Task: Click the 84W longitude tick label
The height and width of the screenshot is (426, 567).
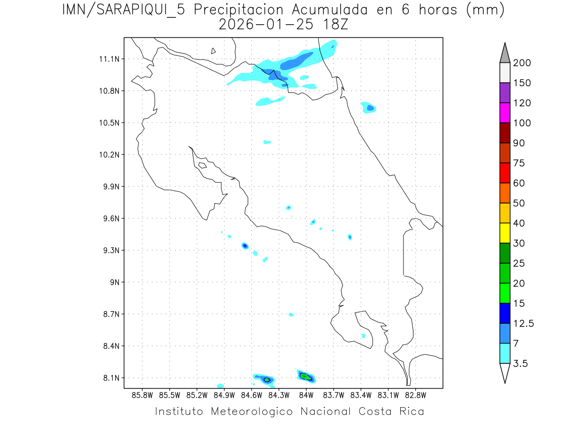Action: [x=306, y=395]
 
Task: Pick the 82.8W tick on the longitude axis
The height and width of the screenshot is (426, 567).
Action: [x=415, y=395]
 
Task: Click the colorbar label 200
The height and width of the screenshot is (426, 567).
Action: [x=522, y=63]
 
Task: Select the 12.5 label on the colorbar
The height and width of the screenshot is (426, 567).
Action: [x=523, y=323]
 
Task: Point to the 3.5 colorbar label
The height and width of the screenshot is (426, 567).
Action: [x=521, y=364]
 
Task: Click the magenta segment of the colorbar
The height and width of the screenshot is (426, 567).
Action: [x=505, y=113]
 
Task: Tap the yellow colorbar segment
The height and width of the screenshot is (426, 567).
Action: [x=505, y=233]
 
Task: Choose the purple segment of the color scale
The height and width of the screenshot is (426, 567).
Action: [x=505, y=93]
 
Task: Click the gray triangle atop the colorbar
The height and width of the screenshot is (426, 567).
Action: [x=505, y=53]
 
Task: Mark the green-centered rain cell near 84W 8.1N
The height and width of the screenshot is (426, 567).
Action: [x=306, y=377]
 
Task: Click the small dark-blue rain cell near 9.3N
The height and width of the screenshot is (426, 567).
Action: [x=245, y=246]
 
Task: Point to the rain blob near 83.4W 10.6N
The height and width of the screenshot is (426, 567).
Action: [x=369, y=107]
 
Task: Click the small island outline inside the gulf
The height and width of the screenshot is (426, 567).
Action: [x=202, y=165]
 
